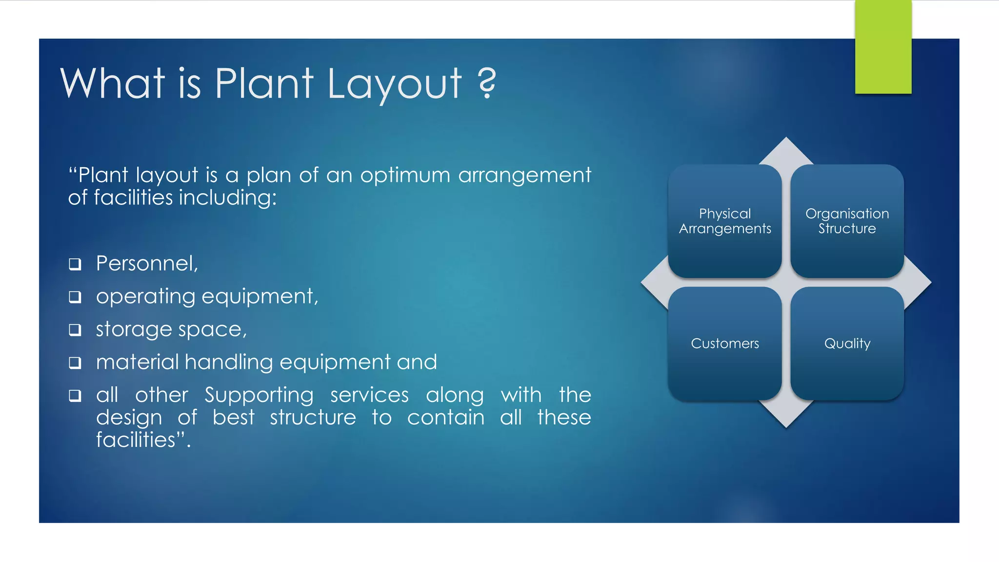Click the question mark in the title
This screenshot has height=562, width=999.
[x=487, y=83]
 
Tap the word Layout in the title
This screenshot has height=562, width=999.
[x=394, y=84]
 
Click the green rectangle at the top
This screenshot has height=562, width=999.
[x=883, y=47]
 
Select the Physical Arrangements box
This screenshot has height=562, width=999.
[x=725, y=221]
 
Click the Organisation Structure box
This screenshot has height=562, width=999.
[x=847, y=221]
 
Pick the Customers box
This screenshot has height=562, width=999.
[x=725, y=343]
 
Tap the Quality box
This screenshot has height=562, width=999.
[x=847, y=343]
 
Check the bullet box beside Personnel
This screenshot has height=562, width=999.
[x=75, y=264]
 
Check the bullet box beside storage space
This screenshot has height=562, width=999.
[x=75, y=330]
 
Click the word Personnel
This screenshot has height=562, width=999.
[x=146, y=263]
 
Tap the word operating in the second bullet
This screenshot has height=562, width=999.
[x=145, y=297]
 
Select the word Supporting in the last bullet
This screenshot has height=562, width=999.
[x=259, y=395]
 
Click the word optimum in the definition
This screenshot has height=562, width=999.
[x=405, y=175]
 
